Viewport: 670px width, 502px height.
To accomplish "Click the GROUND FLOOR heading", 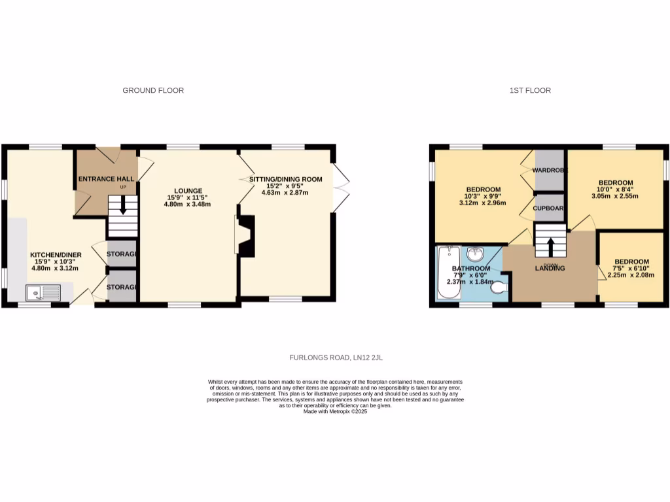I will click(x=153, y=90).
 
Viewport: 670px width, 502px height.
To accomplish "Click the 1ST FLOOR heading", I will click(x=530, y=90).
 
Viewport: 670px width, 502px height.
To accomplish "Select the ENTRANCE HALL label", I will click(x=106, y=178).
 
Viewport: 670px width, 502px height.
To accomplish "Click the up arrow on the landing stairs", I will click(x=550, y=245).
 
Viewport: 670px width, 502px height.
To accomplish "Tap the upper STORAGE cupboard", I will click(x=122, y=254).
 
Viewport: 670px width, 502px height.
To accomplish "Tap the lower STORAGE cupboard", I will click(x=122, y=288).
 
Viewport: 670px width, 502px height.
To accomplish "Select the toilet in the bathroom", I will click(x=499, y=287).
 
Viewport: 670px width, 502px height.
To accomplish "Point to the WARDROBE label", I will click(x=550, y=170).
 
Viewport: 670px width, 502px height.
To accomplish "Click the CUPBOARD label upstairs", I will click(x=549, y=207).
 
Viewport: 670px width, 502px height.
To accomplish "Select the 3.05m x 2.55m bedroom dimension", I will click(x=615, y=195).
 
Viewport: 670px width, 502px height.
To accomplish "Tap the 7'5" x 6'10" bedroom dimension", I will click(x=627, y=269).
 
